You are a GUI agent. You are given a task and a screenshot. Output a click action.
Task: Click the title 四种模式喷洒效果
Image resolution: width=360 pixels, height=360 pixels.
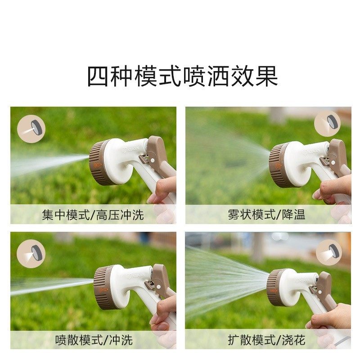pos(182,76)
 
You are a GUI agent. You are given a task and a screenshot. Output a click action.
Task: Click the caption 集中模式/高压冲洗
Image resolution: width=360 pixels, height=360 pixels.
pos(93,215)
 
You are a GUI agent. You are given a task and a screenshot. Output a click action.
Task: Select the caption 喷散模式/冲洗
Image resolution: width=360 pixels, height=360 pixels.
pos(94,340)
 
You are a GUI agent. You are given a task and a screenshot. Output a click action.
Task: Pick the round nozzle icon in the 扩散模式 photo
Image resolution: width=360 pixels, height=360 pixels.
pos(328,252)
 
